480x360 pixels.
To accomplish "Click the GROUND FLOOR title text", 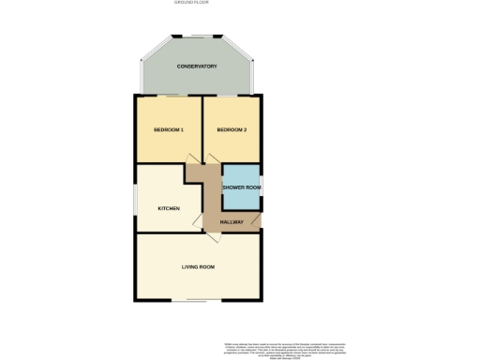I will click(x=191, y=3).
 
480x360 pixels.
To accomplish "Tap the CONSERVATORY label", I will click(x=197, y=67).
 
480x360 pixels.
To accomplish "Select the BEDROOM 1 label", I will click(x=169, y=129).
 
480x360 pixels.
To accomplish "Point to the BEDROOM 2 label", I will click(x=231, y=129).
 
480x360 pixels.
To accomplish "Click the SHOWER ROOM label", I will click(x=241, y=188).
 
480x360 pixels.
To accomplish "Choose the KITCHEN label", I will click(x=169, y=208).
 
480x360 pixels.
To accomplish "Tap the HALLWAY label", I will click(x=231, y=221).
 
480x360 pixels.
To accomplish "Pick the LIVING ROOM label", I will click(x=199, y=268).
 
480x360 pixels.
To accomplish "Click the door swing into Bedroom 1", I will click(x=192, y=172).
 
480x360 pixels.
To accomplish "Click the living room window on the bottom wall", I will click(x=197, y=301).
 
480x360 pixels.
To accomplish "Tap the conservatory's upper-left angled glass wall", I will click(x=155, y=49).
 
